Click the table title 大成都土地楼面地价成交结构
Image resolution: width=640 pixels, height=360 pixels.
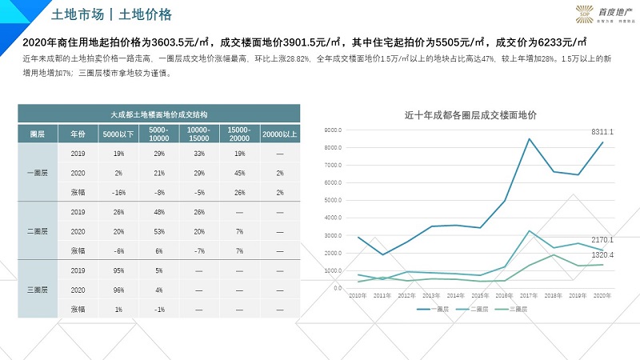(x=159, y=115)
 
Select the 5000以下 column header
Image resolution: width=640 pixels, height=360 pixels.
(x=118, y=134)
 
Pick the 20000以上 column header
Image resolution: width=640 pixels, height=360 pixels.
(x=279, y=134)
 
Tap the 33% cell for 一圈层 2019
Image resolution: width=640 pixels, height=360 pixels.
(x=199, y=153)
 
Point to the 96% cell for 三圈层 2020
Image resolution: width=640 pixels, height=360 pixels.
(x=118, y=290)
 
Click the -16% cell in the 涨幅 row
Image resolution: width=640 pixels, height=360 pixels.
(x=118, y=192)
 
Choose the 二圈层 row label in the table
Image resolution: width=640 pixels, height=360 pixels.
(x=38, y=231)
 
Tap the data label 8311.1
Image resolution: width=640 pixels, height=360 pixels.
(x=602, y=131)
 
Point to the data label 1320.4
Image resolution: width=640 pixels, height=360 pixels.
(x=602, y=255)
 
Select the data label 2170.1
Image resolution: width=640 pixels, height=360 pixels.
(x=602, y=240)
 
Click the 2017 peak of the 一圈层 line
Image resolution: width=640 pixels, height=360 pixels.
(x=529, y=138)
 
